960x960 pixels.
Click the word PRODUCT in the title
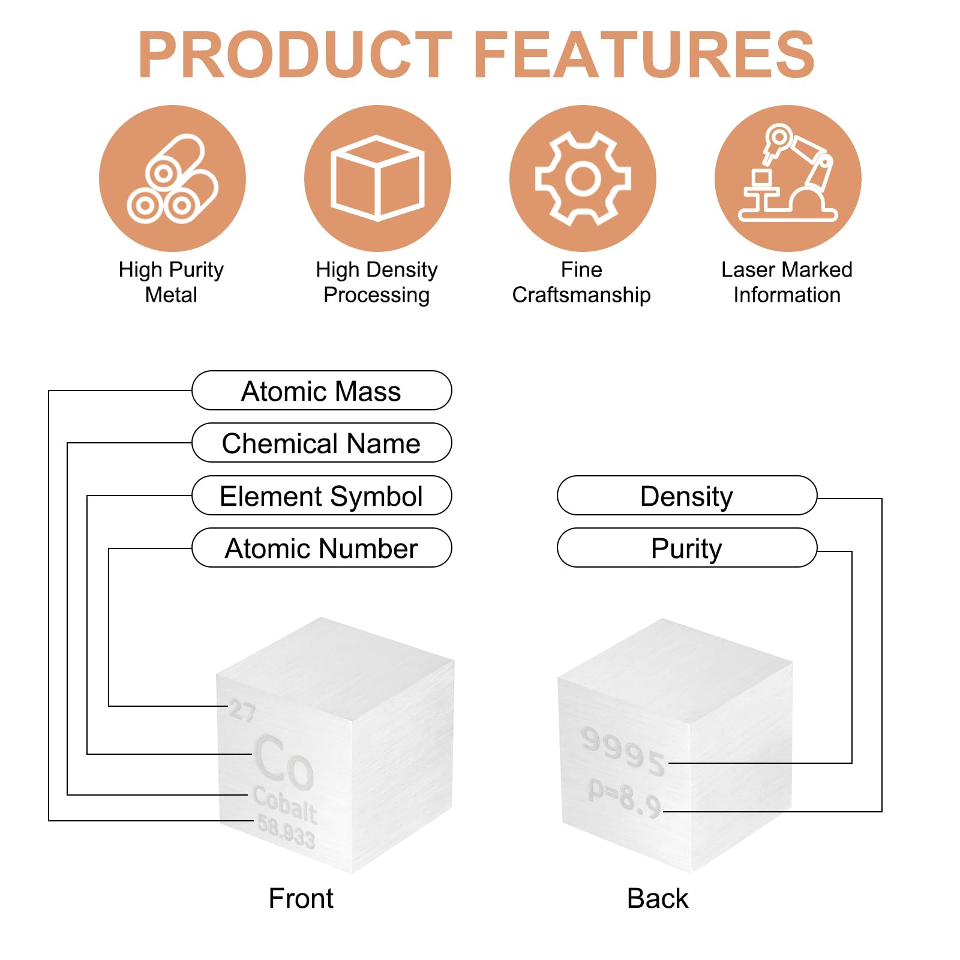pos(295,55)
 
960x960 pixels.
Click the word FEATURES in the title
pos(644,55)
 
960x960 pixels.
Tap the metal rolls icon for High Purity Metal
pos(173,178)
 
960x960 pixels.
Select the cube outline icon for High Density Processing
pos(377,178)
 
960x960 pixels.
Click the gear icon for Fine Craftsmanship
pos(583,178)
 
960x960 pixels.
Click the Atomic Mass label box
pos(322,391)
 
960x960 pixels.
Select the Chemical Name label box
pos(322,443)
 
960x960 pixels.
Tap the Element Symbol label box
pos(322,496)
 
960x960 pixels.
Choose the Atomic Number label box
pos(322,548)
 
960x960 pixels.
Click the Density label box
pos(687,496)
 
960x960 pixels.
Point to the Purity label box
pos(687,548)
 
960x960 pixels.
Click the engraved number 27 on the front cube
pos(242,710)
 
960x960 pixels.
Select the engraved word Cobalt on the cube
pos(285,804)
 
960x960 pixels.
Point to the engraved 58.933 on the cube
pos(286,831)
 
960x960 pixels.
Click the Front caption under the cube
pos(301,899)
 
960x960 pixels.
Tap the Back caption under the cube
pos(658,899)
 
